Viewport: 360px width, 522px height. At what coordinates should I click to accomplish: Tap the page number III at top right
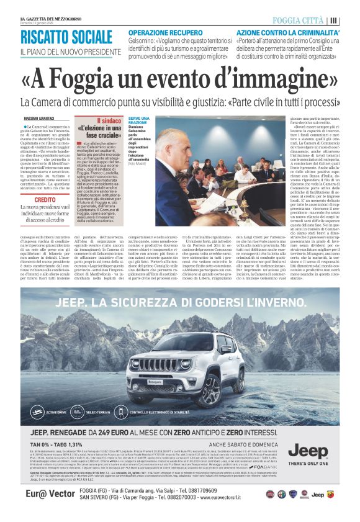pos(335,20)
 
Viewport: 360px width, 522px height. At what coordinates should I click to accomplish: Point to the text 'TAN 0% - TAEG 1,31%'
pos(60,444)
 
